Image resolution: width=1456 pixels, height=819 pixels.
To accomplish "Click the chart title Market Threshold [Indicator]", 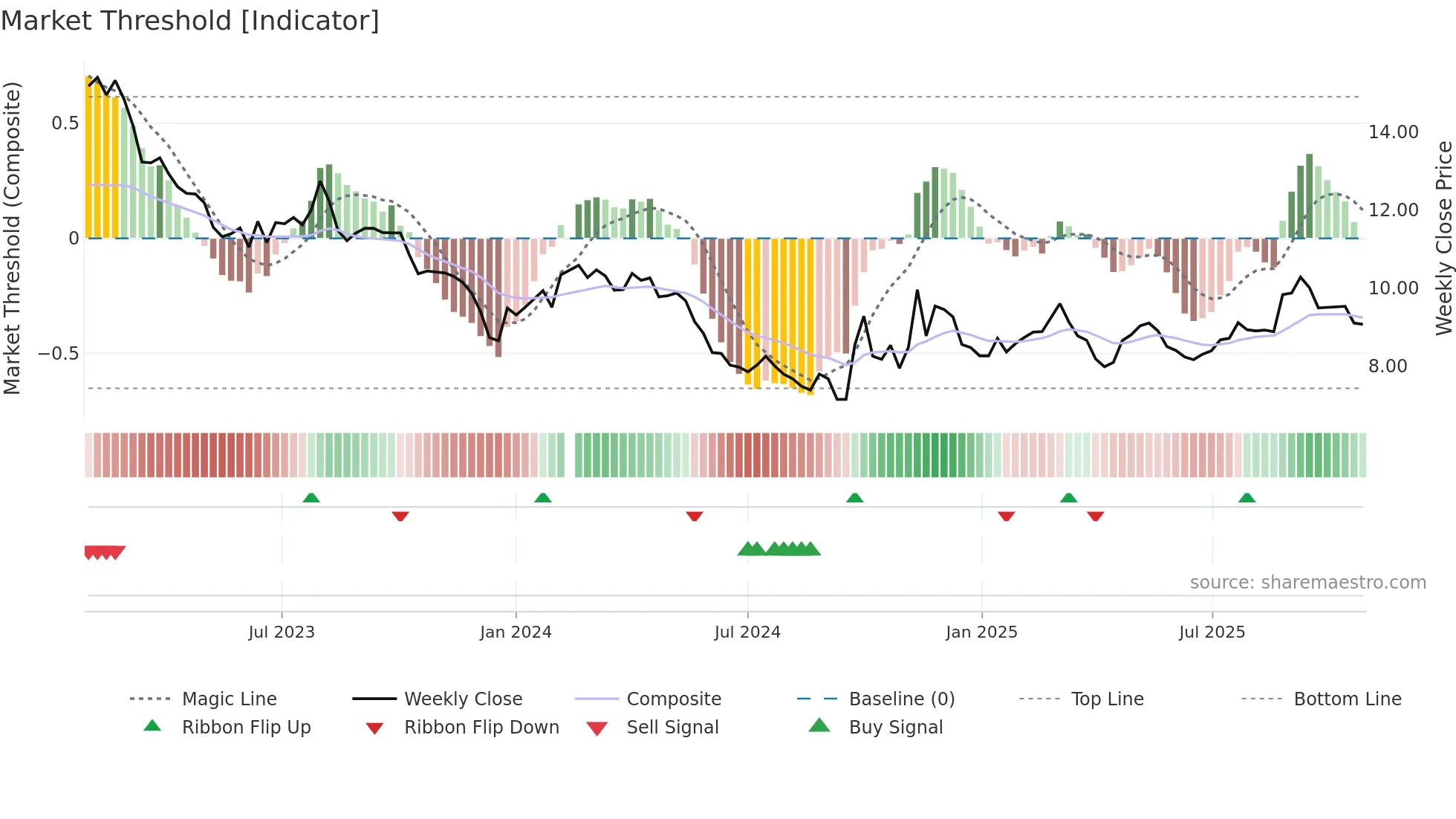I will (x=190, y=21).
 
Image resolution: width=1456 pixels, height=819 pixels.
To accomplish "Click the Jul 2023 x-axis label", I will (x=282, y=632).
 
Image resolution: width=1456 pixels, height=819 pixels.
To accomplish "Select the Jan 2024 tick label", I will (x=516, y=632).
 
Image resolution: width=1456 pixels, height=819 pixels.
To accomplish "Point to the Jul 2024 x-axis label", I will (x=747, y=632).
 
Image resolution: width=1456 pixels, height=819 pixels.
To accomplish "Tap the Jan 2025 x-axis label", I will (x=981, y=632).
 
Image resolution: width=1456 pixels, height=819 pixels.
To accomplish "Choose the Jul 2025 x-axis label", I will (x=1212, y=632).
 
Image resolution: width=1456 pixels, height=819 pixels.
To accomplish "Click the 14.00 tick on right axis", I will (x=1394, y=132).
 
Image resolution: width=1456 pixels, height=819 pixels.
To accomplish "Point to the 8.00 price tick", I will (x=1388, y=366).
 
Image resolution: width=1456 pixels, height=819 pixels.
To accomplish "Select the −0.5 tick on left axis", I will (x=59, y=354).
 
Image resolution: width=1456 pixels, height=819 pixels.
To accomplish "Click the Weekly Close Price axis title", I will (x=1443, y=238).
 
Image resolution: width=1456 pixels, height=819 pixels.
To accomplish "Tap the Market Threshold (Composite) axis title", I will (x=12, y=238).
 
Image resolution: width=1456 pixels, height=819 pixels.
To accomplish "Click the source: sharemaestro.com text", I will (x=1307, y=583).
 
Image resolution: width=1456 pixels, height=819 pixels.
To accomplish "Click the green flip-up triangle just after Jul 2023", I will (x=311, y=498).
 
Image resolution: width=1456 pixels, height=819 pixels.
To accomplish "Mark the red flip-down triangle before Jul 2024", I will (x=695, y=516).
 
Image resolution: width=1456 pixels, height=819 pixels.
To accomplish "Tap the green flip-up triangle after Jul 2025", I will (x=1247, y=498).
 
